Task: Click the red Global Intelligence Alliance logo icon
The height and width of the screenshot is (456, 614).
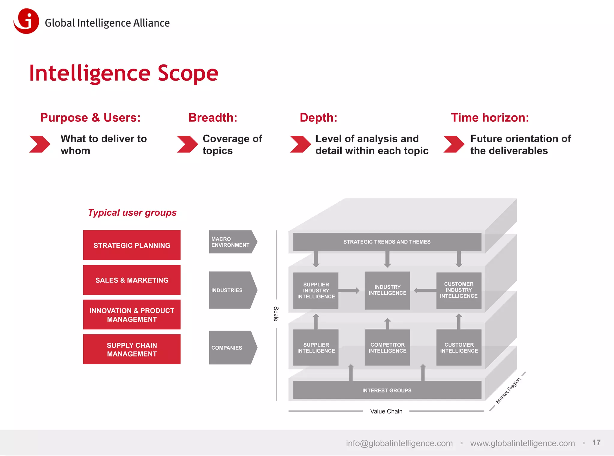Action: pyautogui.click(x=26, y=21)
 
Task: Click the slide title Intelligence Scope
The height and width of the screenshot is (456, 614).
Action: pyautogui.click(x=124, y=73)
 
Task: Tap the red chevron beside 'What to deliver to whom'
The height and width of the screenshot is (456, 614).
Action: pyautogui.click(x=40, y=144)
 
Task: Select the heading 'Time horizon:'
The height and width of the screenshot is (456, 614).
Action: pyautogui.click(x=490, y=117)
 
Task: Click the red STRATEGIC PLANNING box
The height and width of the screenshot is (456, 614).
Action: pyautogui.click(x=132, y=245)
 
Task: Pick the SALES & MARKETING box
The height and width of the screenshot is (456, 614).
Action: pyautogui.click(x=132, y=280)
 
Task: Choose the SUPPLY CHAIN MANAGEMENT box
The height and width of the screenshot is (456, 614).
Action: pyautogui.click(x=132, y=349)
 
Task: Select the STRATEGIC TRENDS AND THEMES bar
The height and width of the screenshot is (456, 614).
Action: pyautogui.click(x=387, y=242)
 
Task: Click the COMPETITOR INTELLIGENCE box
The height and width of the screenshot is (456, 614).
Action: pyautogui.click(x=387, y=348)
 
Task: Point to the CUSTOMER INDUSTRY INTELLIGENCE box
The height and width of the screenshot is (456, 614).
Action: pyautogui.click(x=459, y=290)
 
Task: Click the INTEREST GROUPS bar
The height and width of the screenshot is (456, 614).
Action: pyautogui.click(x=387, y=390)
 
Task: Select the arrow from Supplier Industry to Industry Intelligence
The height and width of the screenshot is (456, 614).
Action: pyautogui.click(x=349, y=290)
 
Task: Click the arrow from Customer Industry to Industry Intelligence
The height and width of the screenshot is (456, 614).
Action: pyautogui.click(x=425, y=290)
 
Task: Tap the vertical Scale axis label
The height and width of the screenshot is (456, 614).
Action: pyautogui.click(x=276, y=314)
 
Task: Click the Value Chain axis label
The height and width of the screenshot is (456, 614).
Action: pyautogui.click(x=386, y=411)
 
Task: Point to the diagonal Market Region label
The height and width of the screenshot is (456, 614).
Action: pyautogui.click(x=508, y=390)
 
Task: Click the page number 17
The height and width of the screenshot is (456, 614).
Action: pyautogui.click(x=596, y=443)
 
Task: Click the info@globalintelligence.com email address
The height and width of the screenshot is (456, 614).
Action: pyautogui.click(x=399, y=443)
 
